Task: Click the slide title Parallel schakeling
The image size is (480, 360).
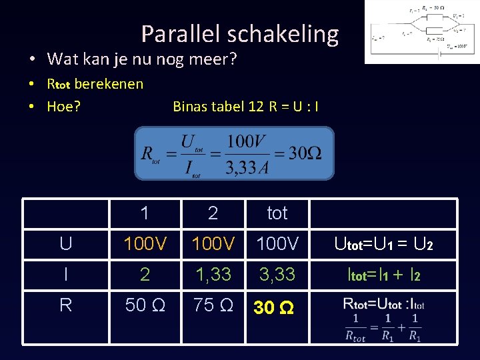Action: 240,33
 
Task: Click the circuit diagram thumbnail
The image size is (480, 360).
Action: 421,31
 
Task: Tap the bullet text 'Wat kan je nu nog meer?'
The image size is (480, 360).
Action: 142,59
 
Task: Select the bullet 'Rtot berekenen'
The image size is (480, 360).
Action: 95,84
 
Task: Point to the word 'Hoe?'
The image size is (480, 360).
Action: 63,106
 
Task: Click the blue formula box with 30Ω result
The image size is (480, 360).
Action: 234,153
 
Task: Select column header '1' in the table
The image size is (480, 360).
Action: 145,213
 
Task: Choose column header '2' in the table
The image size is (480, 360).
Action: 213,213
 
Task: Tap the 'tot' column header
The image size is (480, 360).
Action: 277,213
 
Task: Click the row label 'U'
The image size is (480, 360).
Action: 65,244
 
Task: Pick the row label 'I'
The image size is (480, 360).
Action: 65,274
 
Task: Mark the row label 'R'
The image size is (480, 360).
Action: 65,305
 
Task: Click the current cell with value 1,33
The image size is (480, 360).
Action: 213,274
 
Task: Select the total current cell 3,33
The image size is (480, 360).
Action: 277,274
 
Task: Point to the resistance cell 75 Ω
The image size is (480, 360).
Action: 213,305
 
